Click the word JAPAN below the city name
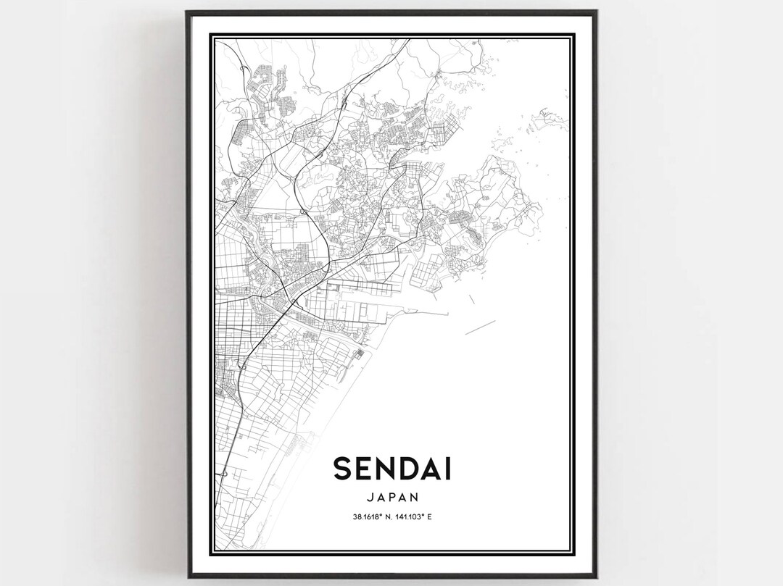coord(391,498)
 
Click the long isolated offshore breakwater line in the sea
coord(479,327)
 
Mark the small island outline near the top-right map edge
coord(542,116)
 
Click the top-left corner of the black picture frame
coord(186,12)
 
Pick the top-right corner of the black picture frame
coord(597,12)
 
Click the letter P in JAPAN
coord(391,498)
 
